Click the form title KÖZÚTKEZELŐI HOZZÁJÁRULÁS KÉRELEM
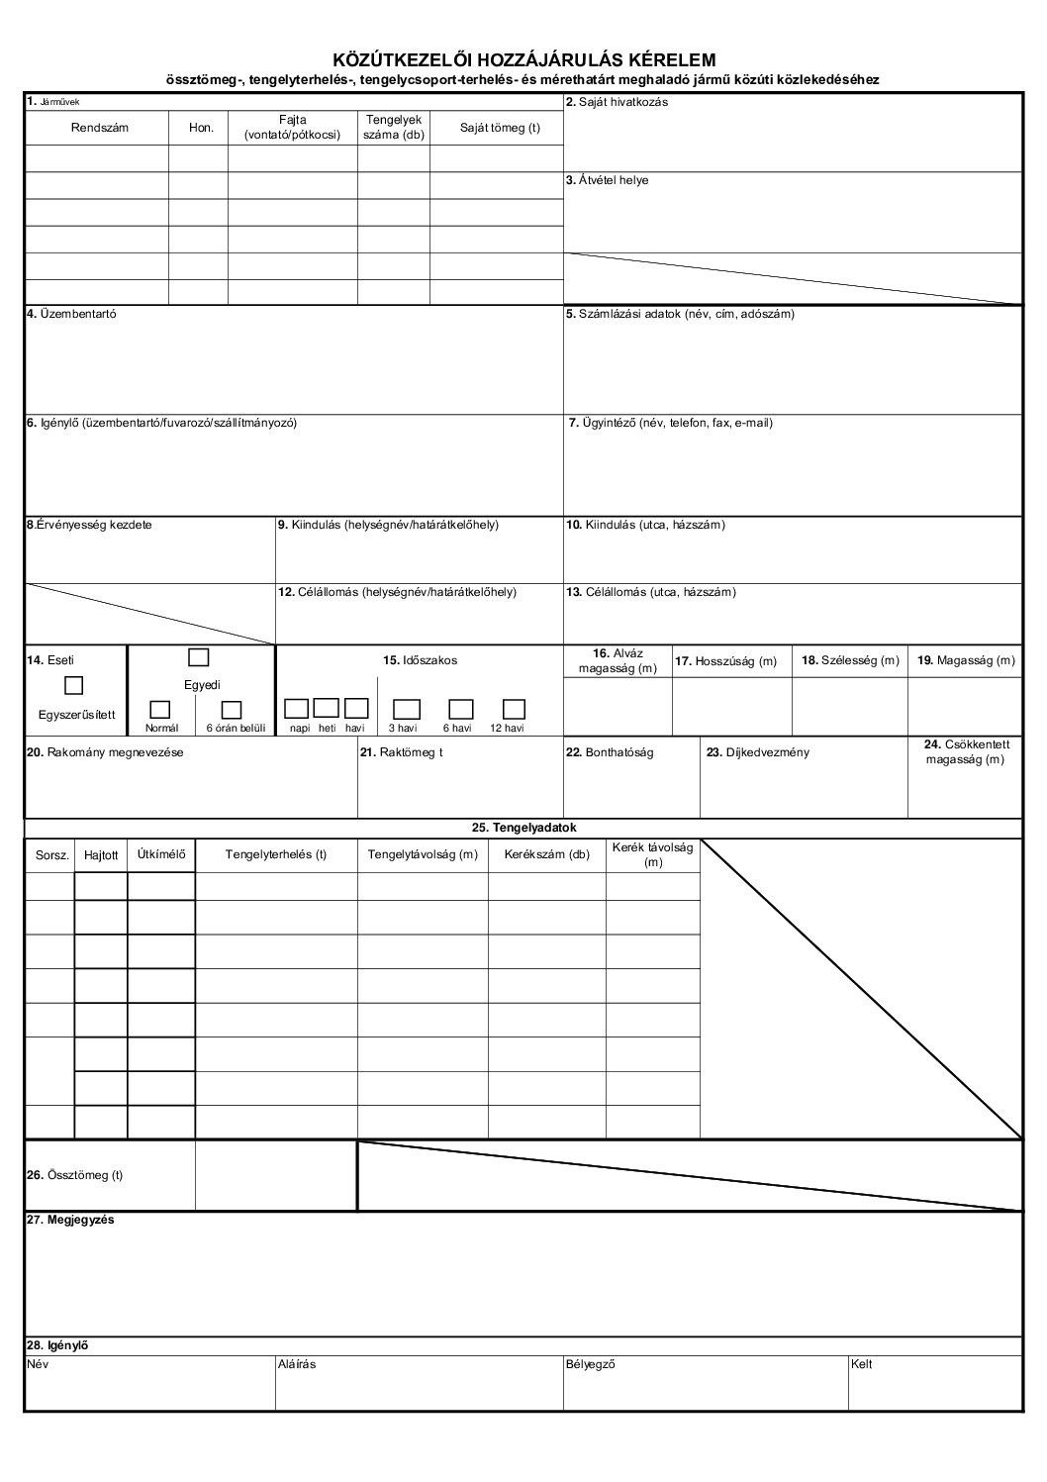(x=523, y=60)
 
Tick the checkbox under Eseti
(x=73, y=684)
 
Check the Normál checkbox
(x=160, y=709)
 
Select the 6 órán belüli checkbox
(x=232, y=709)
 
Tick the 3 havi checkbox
(x=407, y=709)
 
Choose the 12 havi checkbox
(x=513, y=709)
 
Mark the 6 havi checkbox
(x=460, y=709)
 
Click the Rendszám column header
(x=99, y=128)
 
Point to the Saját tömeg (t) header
(x=500, y=128)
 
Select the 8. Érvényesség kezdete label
(x=89, y=525)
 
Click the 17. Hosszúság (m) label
(x=725, y=661)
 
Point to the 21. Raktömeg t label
(x=401, y=752)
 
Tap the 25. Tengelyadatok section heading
(x=523, y=827)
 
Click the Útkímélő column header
(x=161, y=853)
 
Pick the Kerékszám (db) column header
(x=546, y=854)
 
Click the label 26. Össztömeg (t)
(x=74, y=1175)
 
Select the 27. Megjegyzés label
(x=70, y=1220)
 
